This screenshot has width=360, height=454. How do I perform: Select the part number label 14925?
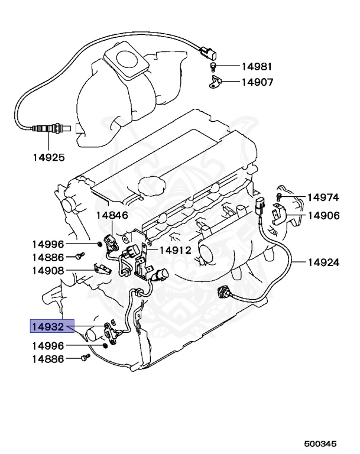[48, 157]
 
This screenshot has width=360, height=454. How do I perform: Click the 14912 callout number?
[175, 249]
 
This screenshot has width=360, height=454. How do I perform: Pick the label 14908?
[48, 271]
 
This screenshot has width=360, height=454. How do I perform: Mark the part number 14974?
[323, 198]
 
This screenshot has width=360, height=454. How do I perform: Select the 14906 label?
[323, 215]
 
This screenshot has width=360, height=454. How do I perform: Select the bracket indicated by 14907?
[215, 82]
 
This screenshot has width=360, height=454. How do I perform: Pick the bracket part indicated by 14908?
[101, 269]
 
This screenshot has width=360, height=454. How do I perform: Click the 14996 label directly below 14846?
[48, 244]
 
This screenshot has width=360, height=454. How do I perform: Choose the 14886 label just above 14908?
[48, 257]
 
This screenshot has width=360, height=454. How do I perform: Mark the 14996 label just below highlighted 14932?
[48, 345]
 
